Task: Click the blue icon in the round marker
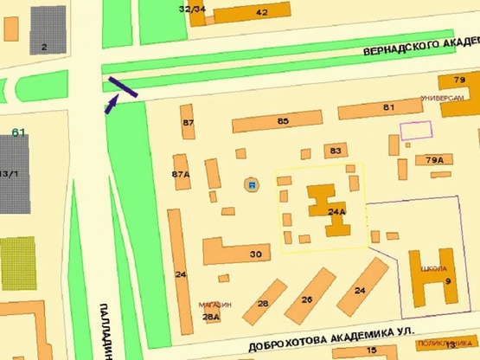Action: coord(251,185)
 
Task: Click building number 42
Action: coord(261,12)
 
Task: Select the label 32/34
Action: coord(192,9)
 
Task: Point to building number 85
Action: coord(283,121)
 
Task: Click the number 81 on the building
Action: coord(388,107)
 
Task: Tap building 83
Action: coord(336,151)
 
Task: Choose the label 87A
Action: coord(180,174)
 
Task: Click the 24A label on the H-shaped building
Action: coord(336,210)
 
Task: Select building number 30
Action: coord(255,254)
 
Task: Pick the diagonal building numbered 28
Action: coord(263,303)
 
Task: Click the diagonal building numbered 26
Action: coord(306,299)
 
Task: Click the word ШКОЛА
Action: coord(433,268)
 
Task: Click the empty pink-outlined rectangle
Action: coord(415,130)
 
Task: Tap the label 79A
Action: coord(434,160)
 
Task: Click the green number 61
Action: coord(19,132)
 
